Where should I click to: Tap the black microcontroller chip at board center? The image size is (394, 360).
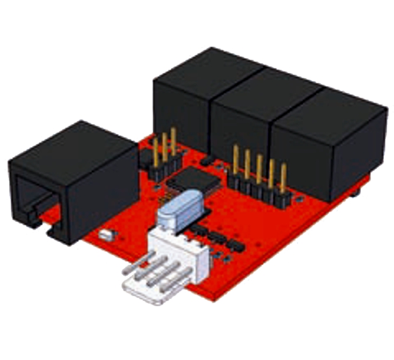coord(192,178)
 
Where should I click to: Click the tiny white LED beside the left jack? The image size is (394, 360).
coord(106,235)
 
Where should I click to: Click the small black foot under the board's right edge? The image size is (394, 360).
coord(356,194)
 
